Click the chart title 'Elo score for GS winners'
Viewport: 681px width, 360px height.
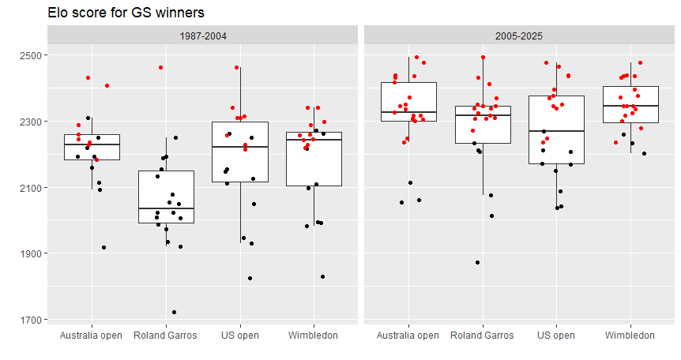pos(126,13)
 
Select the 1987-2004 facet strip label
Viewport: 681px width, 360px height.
pos(203,36)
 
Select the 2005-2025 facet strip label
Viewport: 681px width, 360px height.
pos(519,36)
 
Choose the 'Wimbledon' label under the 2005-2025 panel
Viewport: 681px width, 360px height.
pos(630,336)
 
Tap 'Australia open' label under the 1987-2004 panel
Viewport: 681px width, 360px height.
pos(92,336)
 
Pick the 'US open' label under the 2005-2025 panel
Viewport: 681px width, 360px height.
pos(555,336)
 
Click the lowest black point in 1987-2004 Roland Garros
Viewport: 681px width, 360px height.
pos(174,312)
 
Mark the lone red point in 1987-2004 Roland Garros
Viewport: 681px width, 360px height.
pos(160,68)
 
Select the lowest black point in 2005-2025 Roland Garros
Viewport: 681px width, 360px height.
pos(477,263)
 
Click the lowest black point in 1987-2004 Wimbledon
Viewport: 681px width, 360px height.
pos(322,277)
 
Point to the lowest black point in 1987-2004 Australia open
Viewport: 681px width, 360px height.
pos(103,247)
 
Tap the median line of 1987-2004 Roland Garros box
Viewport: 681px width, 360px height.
pos(166,208)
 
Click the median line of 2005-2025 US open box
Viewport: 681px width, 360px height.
pos(555,131)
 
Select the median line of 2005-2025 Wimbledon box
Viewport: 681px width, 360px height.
pos(630,106)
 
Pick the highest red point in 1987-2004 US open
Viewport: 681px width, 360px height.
pos(237,68)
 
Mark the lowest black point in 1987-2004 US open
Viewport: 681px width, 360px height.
pos(250,278)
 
